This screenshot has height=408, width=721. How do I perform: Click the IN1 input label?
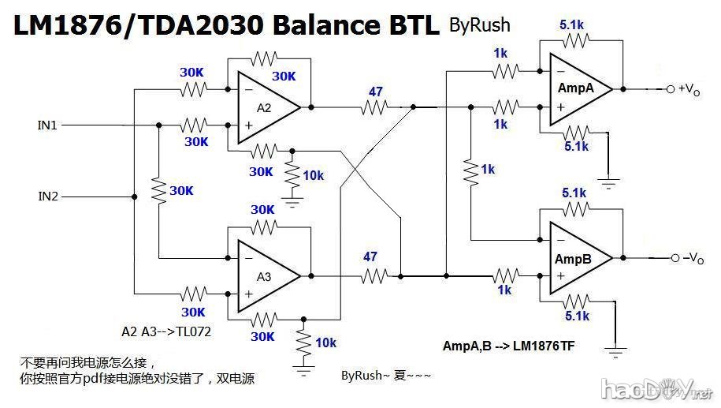47,125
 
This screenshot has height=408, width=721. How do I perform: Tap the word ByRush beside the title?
479,25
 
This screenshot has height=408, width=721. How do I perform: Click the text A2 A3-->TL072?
166,331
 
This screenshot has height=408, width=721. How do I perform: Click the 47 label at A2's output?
375,92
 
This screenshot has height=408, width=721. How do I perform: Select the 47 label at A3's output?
370,256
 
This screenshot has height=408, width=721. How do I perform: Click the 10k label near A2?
313,175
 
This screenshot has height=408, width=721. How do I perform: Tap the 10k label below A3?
325,342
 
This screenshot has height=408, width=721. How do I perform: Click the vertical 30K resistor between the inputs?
159,190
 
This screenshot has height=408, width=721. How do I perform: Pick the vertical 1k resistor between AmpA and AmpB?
470,170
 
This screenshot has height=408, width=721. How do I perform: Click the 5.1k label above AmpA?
572,25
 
